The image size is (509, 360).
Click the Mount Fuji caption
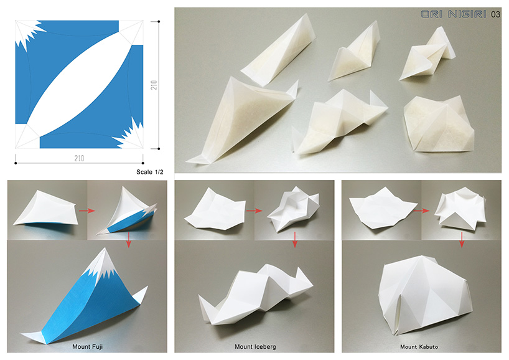[87, 347]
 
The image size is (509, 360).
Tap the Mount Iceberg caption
[255, 347]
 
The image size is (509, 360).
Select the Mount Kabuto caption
[419, 347]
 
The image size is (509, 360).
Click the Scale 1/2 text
[149, 172]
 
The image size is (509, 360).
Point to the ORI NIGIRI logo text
[454, 14]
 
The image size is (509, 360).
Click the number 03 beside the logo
[495, 14]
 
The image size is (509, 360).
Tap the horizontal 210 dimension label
[79, 158]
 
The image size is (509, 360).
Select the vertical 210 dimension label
[154, 85]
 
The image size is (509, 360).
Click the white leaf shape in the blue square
[80, 85]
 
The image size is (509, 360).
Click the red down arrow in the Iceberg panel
[295, 240]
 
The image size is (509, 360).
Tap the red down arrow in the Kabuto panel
[462, 240]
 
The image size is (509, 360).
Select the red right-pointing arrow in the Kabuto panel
[421, 211]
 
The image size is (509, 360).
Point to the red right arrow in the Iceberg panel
[254, 211]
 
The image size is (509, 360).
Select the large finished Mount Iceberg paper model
[256, 294]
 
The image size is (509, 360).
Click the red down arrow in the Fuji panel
[129, 240]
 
